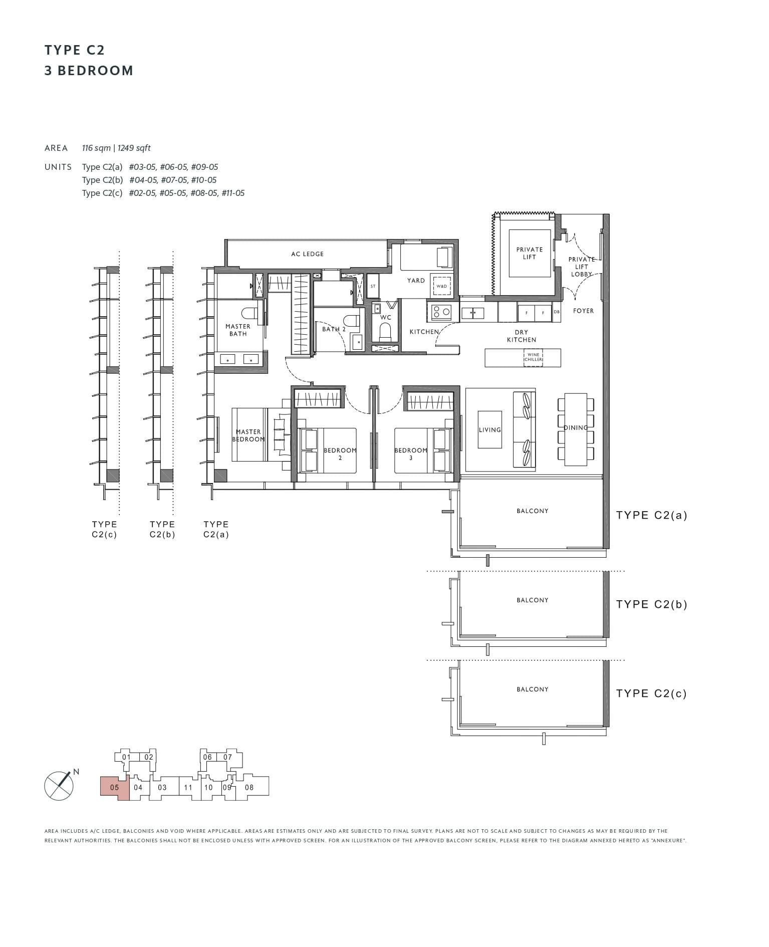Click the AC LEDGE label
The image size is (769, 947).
pyautogui.click(x=307, y=254)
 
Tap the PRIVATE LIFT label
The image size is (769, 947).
pyautogui.click(x=529, y=253)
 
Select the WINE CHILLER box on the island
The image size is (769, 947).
pyautogui.click(x=533, y=357)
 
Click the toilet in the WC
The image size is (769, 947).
pyautogui.click(x=385, y=331)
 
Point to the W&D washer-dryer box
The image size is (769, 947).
pyautogui.click(x=441, y=286)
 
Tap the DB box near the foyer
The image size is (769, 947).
pyautogui.click(x=557, y=312)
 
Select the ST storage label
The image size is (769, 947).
pyautogui.click(x=373, y=286)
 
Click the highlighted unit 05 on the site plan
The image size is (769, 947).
pyautogui.click(x=114, y=787)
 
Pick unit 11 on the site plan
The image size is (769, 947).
pyautogui.click(x=188, y=787)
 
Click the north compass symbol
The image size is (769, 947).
pyautogui.click(x=59, y=785)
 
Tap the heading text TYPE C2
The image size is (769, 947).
pyautogui.click(x=75, y=50)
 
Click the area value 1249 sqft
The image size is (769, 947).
pyautogui.click(x=134, y=148)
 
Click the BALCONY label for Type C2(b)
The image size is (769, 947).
pyautogui.click(x=532, y=600)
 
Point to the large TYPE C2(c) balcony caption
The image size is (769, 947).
pyautogui.click(x=651, y=693)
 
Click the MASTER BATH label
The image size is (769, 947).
pyautogui.click(x=238, y=330)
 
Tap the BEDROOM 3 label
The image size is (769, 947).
pyautogui.click(x=411, y=453)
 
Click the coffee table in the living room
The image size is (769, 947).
pyautogui.click(x=489, y=429)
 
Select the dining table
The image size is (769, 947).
pyautogui.click(x=576, y=429)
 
